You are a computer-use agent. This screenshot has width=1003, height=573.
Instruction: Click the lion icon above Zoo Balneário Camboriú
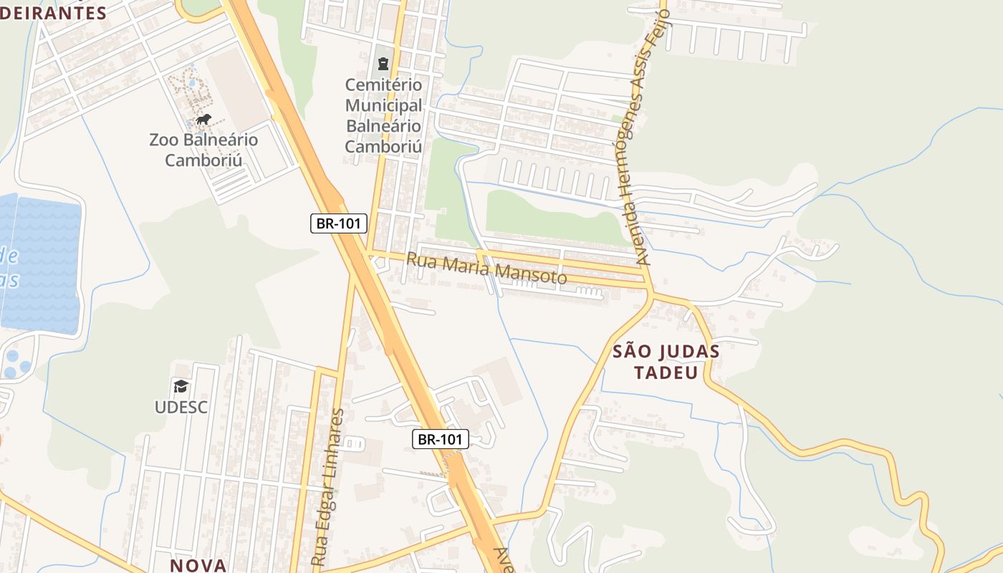[203, 119]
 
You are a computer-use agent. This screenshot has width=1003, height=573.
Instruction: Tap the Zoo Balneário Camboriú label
[203, 149]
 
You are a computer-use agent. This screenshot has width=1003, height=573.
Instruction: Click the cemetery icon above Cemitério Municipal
[383, 64]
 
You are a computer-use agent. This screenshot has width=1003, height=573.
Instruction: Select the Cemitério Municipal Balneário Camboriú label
[383, 115]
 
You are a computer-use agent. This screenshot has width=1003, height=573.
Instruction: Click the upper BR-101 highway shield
[339, 223]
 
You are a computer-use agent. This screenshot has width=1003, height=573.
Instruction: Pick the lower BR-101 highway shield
[440, 439]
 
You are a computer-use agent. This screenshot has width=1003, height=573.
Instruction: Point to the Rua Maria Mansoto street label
[486, 269]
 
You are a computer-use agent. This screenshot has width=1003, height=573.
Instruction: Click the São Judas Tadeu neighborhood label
[666, 362]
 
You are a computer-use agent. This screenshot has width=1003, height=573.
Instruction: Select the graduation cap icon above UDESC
[181, 387]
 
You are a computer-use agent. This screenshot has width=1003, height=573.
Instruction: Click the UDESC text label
[181, 407]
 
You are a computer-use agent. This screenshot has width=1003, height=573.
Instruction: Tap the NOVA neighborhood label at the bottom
[198, 565]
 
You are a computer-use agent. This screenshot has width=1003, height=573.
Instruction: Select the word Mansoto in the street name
[529, 274]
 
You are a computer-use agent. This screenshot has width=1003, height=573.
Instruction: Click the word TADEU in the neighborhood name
[666, 372]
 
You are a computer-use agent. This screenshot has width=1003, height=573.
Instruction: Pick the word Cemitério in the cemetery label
[383, 85]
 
